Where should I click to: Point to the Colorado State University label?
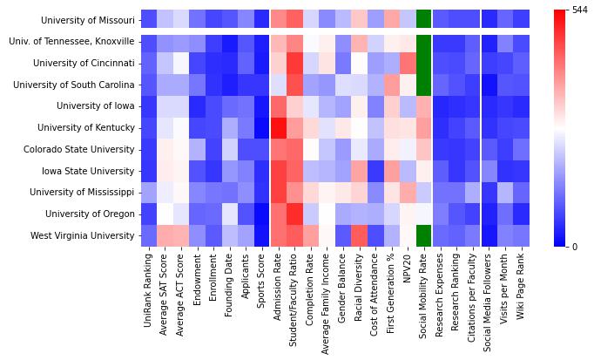81,149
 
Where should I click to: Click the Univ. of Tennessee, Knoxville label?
71,42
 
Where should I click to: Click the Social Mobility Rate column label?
424,293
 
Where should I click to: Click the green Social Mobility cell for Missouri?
424,19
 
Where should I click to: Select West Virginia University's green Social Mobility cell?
424,235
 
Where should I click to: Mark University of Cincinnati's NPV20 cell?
408,63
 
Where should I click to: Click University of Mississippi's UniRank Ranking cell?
150,192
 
